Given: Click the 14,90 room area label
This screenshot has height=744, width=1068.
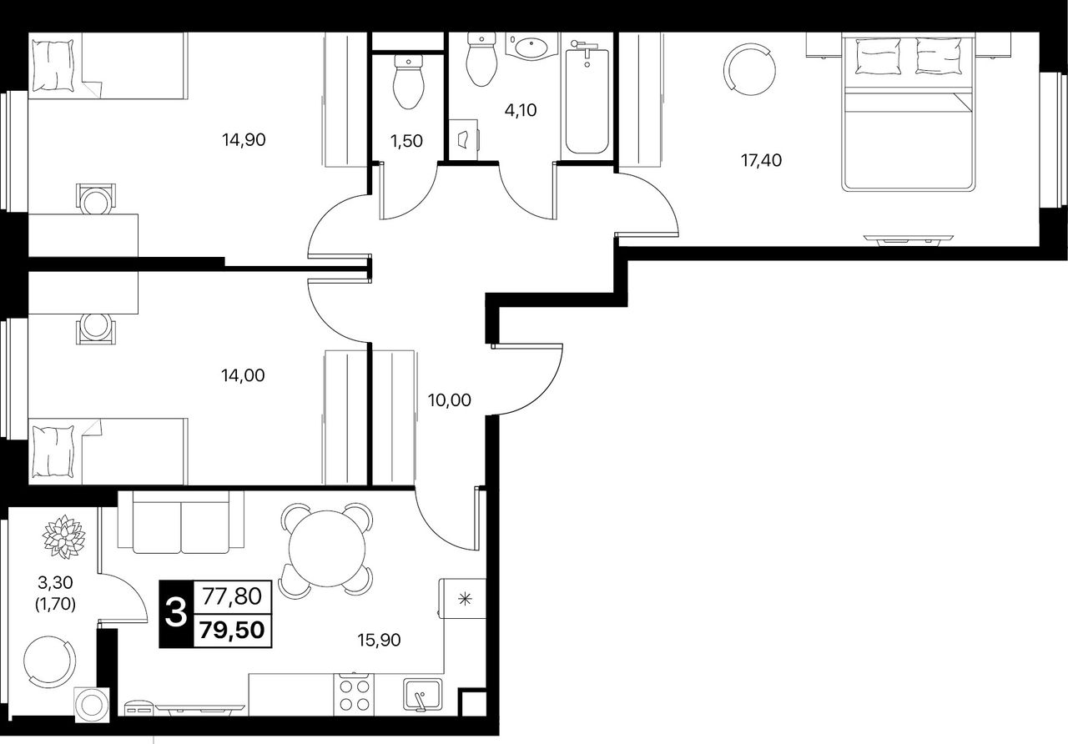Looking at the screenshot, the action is click(244, 140).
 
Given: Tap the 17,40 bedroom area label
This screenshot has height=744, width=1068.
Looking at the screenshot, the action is click(762, 161).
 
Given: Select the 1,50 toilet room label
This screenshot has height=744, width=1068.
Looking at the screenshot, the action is click(406, 141).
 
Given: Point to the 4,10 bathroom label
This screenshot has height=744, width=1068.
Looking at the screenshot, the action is click(521, 111).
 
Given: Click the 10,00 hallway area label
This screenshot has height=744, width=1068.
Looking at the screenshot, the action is click(450, 400).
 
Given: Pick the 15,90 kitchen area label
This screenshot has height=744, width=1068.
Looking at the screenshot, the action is click(380, 640).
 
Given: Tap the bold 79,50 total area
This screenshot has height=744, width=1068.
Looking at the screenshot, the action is click(233, 630).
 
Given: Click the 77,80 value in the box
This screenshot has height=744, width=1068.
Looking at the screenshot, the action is click(233, 596).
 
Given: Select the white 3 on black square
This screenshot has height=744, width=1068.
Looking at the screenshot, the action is click(176, 613).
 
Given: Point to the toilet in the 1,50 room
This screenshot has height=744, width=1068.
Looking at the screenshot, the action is click(409, 82).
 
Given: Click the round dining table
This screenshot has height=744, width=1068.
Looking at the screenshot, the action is click(327, 548).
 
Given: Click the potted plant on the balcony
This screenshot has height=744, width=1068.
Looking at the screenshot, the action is click(64, 536).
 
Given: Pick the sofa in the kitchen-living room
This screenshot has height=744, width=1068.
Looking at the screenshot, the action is click(181, 522).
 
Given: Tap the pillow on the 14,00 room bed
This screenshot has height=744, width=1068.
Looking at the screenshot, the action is click(53, 451).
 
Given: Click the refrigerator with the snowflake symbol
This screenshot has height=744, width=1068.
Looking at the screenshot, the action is click(462, 599).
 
